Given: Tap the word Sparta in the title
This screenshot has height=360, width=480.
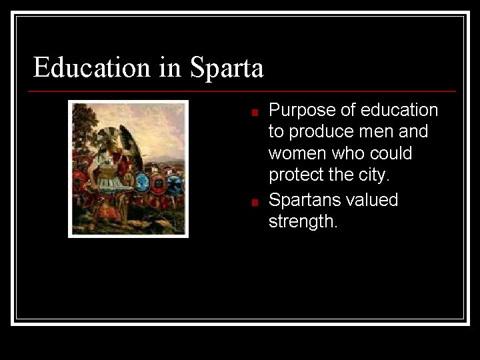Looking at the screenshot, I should (227, 67).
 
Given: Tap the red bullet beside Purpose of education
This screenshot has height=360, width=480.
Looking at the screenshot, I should (254, 113).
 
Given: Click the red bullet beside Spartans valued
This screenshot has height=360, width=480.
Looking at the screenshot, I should (254, 203).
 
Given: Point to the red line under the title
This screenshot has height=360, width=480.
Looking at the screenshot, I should (243, 91).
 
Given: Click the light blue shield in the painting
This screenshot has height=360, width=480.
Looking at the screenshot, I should (143, 181).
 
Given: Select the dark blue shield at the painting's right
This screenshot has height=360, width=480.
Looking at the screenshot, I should (175, 183).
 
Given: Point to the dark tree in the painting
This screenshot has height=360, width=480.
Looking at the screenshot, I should (83, 127).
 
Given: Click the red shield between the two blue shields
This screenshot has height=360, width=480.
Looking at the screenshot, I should (159, 183).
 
